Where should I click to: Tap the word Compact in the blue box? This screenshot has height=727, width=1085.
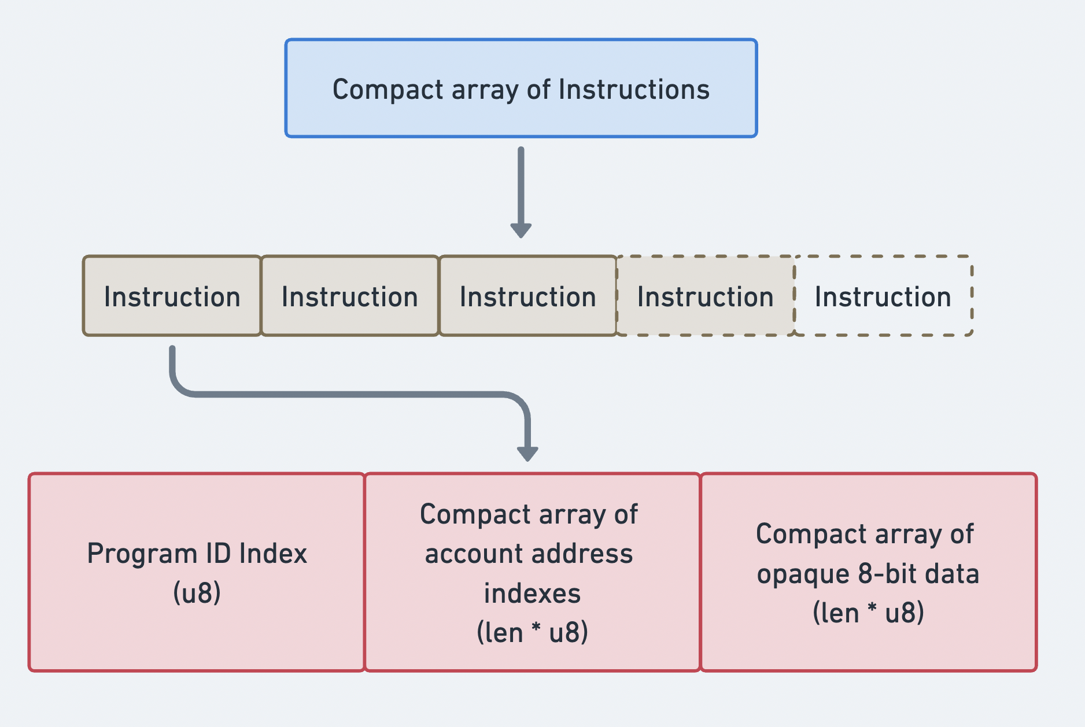[387, 90]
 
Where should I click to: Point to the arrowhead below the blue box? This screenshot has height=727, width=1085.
[521, 230]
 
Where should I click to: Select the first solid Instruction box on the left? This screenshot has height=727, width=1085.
[172, 296]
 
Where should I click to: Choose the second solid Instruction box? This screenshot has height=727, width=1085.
[349, 296]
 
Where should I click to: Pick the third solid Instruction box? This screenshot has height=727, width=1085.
[527, 296]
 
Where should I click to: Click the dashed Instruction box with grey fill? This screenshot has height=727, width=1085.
[705, 296]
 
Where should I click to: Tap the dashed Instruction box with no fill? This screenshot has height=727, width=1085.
[883, 296]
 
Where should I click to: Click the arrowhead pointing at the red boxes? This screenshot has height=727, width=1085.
[527, 453]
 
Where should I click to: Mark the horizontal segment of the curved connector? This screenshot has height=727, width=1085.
[347, 394]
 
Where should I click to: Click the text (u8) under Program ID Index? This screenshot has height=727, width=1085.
[197, 593]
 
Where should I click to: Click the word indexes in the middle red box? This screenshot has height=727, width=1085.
[532, 594]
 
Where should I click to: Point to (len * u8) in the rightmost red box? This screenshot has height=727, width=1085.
[868, 613]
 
